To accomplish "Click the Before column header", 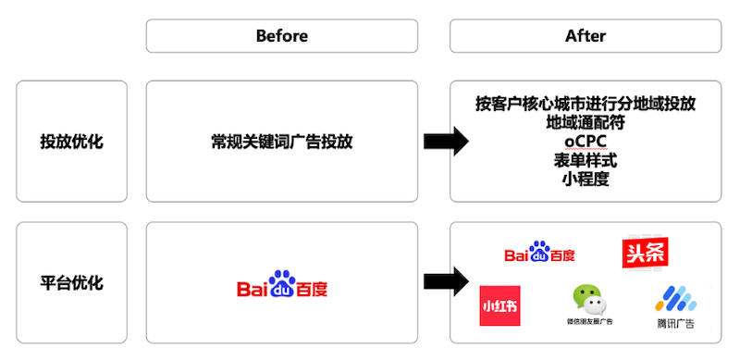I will (x=281, y=36).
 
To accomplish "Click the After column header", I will (x=585, y=36).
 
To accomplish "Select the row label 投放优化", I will (x=71, y=142).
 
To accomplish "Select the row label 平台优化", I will (x=71, y=283).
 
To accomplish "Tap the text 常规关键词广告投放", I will (x=281, y=142).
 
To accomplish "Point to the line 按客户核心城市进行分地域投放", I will (x=585, y=103).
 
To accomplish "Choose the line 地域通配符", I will (x=585, y=122).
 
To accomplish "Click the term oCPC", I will (x=585, y=142).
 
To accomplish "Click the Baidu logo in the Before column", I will (x=281, y=284).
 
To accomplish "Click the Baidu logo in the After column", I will (x=539, y=253).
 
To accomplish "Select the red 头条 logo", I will (x=645, y=253).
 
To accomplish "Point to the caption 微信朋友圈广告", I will (x=590, y=322).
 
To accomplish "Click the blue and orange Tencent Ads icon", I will (x=674, y=299).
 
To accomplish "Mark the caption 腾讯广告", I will (x=674, y=324).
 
